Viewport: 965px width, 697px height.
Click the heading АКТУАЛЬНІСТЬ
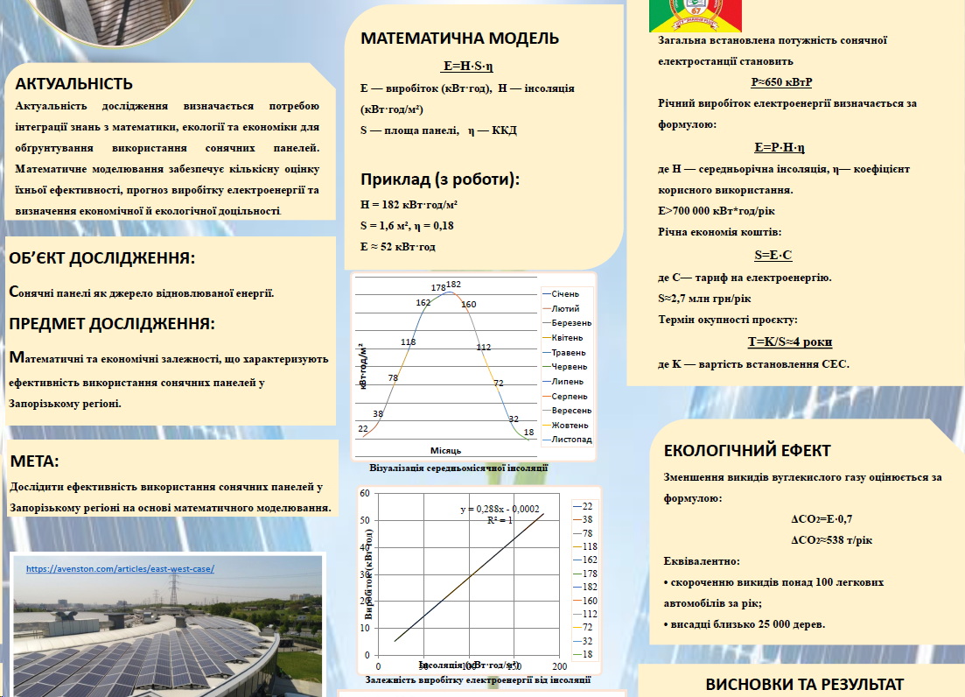pyautogui.click(x=73, y=84)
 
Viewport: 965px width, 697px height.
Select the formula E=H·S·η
pyautogui.click(x=469, y=66)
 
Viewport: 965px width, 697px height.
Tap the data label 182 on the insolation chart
pyautogui.click(x=453, y=285)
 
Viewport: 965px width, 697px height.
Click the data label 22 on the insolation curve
pyautogui.click(x=363, y=428)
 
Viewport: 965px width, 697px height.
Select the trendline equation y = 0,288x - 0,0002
pyautogui.click(x=500, y=509)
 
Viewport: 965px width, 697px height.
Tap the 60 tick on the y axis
pyautogui.click(x=365, y=494)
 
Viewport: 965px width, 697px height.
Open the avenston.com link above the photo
pyautogui.click(x=120, y=568)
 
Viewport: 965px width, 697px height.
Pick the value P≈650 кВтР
pyautogui.click(x=781, y=82)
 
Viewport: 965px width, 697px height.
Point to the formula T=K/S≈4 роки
pyautogui.click(x=790, y=341)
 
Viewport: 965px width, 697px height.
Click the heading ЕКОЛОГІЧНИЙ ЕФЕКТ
pyautogui.click(x=747, y=451)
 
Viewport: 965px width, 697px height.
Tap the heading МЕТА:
pyautogui.click(x=34, y=461)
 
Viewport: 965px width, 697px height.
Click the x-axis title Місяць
pyautogui.click(x=445, y=450)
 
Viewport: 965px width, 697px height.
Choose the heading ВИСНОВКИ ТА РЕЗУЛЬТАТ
pyautogui.click(x=804, y=685)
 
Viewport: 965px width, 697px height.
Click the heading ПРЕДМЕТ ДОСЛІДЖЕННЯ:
pyautogui.click(x=111, y=323)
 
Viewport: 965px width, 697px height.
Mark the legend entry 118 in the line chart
pyautogui.click(x=590, y=546)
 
